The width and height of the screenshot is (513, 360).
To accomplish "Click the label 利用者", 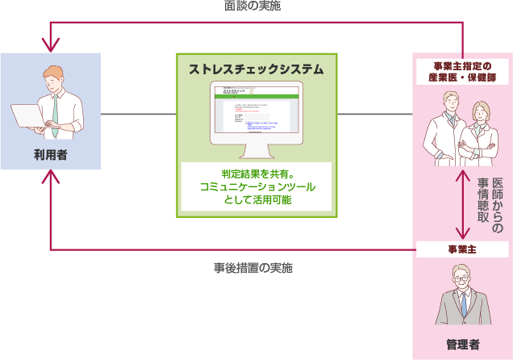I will [50, 153].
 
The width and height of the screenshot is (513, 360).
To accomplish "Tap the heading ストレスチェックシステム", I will [256, 69].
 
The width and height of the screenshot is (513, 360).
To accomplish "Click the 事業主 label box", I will [462, 249].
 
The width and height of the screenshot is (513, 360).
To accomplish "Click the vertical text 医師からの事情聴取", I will [490, 206].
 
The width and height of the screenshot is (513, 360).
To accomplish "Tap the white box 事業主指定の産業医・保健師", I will [462, 72].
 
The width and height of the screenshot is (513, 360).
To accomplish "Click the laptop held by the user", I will [29, 117].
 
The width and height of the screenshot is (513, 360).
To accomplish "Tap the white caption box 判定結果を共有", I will [256, 186].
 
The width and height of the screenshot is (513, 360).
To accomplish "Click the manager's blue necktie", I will [463, 305].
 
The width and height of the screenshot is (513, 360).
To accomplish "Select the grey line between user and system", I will [138, 114].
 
